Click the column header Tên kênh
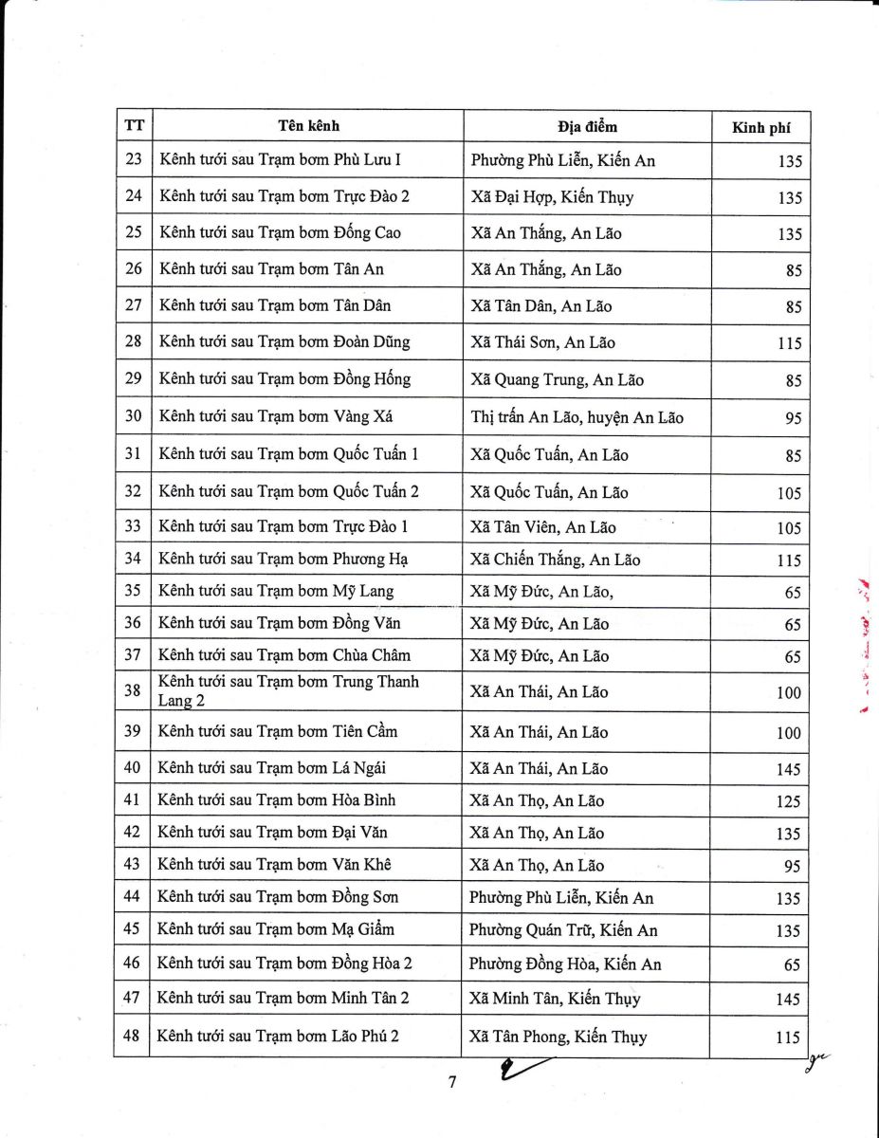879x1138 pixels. click(308, 126)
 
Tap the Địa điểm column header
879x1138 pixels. click(587, 127)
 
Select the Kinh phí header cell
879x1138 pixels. click(760, 128)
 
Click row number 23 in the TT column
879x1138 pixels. click(133, 159)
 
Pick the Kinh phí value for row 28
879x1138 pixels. click(789, 343)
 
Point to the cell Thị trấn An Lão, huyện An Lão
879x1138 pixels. click(577, 417)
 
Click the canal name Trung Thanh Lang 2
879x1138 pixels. click(288, 691)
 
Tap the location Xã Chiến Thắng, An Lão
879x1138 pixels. click(555, 560)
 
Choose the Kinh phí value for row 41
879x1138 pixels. click(788, 801)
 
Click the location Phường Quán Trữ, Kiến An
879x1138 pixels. click(563, 930)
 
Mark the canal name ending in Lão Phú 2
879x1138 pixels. click(278, 1036)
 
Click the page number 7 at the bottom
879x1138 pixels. click(452, 1083)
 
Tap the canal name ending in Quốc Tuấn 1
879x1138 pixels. click(288, 454)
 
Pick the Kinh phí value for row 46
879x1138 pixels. click(792, 965)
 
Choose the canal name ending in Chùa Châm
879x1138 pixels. click(284, 655)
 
